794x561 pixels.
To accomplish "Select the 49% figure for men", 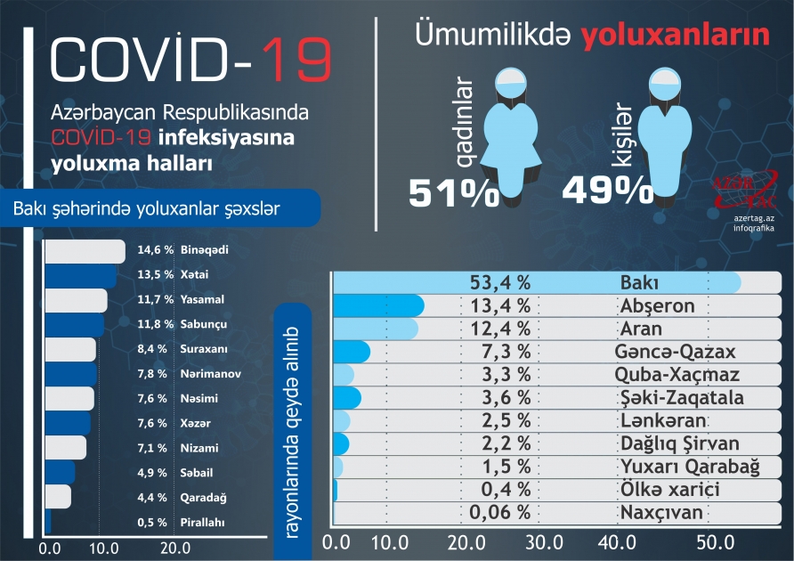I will [x=608, y=190].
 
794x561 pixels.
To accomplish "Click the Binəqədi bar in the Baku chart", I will [x=85, y=251].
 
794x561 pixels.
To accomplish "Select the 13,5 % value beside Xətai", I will [x=155, y=275].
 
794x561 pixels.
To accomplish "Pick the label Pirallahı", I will [x=203, y=523].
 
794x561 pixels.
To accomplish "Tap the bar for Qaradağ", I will [x=58, y=497].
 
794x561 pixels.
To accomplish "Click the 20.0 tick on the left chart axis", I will [x=174, y=549].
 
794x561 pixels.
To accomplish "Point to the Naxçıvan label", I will [x=660, y=513].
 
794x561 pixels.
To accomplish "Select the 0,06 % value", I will [x=499, y=513].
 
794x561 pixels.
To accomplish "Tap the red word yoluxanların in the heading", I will [x=676, y=36].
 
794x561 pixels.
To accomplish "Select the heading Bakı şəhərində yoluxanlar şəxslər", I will [x=147, y=208].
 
